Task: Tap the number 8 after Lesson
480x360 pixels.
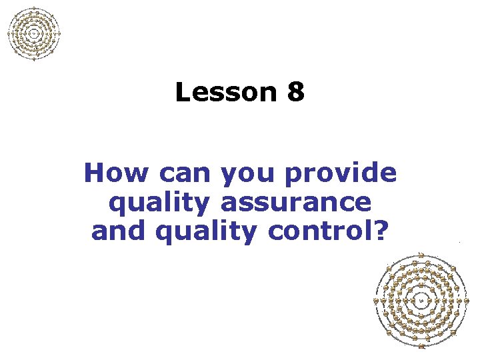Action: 297,93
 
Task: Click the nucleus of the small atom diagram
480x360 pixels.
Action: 34,33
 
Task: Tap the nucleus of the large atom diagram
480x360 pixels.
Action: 421,301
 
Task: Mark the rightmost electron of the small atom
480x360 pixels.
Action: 60,33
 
